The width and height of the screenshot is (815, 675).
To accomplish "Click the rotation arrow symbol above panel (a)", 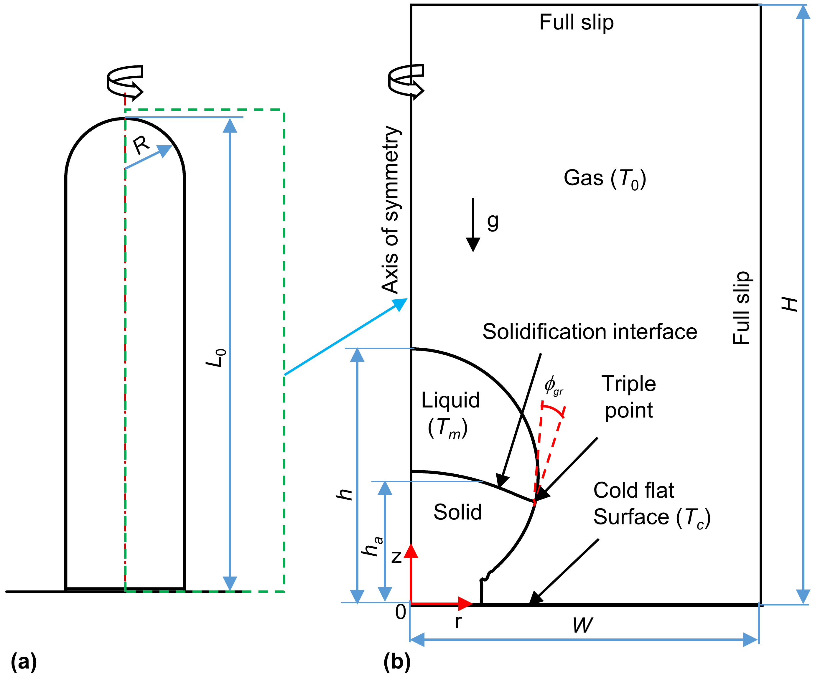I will tap(125, 81).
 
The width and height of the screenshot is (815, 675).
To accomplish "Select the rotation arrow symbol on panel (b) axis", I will tap(406, 80).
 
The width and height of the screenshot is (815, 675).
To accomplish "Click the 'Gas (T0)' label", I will tap(604, 179).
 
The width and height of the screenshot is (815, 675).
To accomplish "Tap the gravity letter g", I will tap(493, 222).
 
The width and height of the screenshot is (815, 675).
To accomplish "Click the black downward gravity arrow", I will tap(473, 225).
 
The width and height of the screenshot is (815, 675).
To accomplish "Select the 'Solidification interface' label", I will tap(590, 332).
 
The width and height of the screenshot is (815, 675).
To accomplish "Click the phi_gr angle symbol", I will tap(553, 385).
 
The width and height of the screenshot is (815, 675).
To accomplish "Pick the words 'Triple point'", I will tap(629, 397).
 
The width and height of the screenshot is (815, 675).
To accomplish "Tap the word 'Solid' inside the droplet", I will tap(457, 512).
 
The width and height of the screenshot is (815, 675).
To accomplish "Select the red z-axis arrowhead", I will tap(411, 551).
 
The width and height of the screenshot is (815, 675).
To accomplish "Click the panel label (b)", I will tap(397, 661).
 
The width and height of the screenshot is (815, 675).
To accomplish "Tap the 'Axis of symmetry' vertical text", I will tap(391, 209).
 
